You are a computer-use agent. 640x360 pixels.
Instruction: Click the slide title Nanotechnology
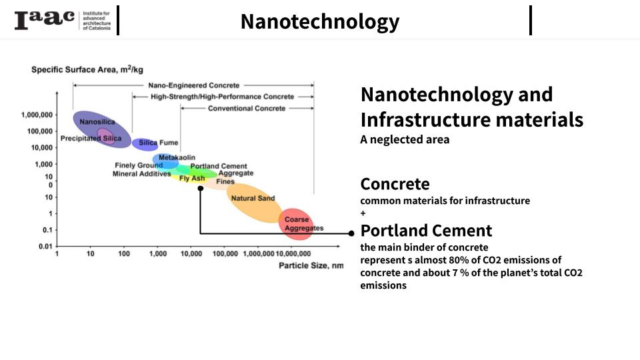319,21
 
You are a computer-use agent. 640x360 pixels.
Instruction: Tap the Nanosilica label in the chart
97,122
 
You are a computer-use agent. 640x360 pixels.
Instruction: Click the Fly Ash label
192,179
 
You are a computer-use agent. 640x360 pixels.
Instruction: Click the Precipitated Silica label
91,138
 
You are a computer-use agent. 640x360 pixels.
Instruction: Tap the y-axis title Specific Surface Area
87,69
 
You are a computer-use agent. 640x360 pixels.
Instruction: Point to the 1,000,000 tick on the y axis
37,115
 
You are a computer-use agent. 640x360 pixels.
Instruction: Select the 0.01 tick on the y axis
45,247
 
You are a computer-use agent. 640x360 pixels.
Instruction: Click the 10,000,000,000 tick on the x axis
293,254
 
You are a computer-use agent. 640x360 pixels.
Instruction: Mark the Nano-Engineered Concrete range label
194,85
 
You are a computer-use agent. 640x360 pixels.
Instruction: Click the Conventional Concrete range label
246,108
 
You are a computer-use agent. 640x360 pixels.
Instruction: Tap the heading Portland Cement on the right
426,231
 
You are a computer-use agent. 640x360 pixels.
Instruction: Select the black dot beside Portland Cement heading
351,233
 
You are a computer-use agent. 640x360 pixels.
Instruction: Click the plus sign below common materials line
363,213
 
